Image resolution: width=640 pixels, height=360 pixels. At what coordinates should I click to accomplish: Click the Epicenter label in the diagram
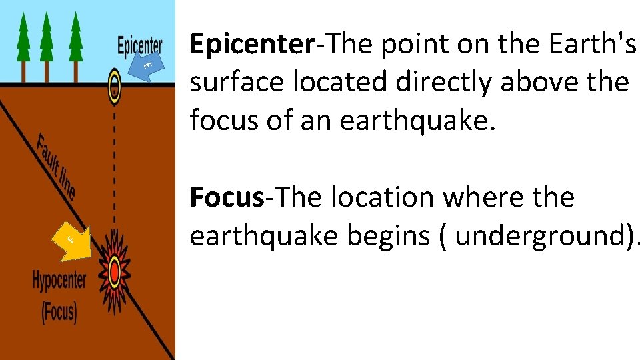pos(139,46)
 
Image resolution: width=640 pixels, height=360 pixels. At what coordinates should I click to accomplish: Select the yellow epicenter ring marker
pos(115,85)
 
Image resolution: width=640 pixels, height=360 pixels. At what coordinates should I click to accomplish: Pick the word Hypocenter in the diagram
pos(59,281)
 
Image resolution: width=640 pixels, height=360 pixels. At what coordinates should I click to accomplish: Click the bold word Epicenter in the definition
pos(252,44)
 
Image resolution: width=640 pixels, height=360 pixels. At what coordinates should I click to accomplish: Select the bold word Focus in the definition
pos(227,197)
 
